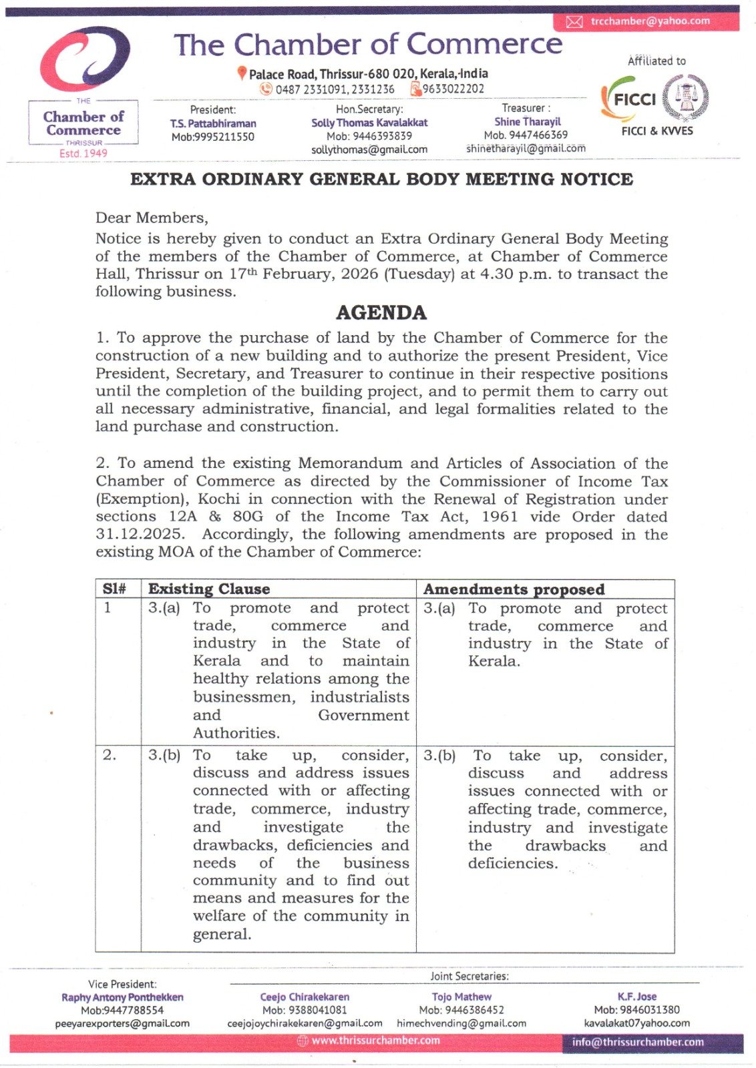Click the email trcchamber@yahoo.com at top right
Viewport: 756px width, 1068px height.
coord(650,21)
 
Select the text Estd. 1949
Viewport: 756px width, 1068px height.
coord(83,154)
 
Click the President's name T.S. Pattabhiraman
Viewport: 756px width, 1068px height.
coord(213,123)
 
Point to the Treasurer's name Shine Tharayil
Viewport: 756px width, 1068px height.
coord(528,121)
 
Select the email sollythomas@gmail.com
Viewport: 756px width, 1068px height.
coord(369,150)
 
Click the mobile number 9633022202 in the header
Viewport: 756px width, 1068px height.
coord(453,89)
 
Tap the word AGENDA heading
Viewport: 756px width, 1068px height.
coord(381,313)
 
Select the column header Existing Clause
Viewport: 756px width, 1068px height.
coord(209,589)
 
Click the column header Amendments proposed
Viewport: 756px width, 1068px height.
coord(514,589)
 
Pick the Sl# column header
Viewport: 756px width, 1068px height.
coord(114,589)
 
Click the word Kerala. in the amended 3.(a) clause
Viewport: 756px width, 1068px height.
coord(494,661)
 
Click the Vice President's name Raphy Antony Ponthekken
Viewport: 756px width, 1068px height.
coord(122,997)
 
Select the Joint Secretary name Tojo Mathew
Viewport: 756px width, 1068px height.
coord(461,997)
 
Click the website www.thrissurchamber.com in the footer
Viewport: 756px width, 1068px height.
coord(375,1041)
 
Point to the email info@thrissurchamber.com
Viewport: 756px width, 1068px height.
coord(638,1042)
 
